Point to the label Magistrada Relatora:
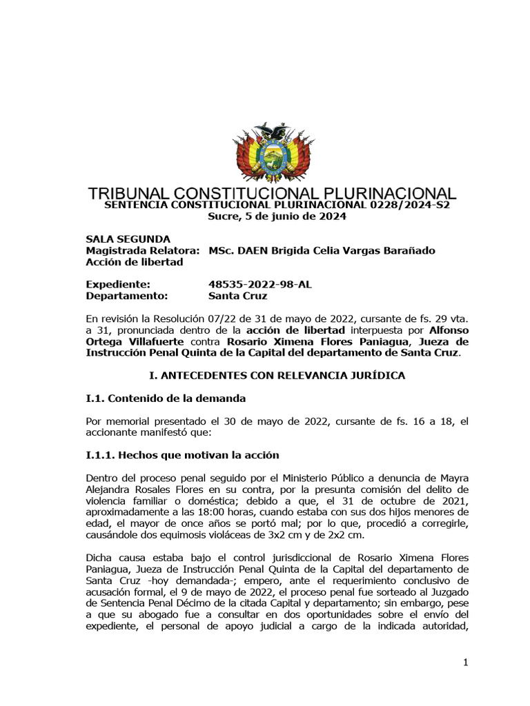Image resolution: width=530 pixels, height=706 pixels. coord(143,250)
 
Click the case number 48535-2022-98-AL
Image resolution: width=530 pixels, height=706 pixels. coord(255,284)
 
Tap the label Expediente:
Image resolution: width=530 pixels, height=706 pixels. coord(117,284)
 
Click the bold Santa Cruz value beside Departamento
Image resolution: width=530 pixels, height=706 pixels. coord(237,296)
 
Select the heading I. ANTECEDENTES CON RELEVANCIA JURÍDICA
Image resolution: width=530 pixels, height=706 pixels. coord(277,375)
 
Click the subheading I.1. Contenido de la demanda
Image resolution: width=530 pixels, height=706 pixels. coord(166,399)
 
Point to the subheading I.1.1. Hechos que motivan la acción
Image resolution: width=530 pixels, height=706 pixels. coord(182,455)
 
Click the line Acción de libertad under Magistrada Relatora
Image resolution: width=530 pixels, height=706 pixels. coord(134,262)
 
